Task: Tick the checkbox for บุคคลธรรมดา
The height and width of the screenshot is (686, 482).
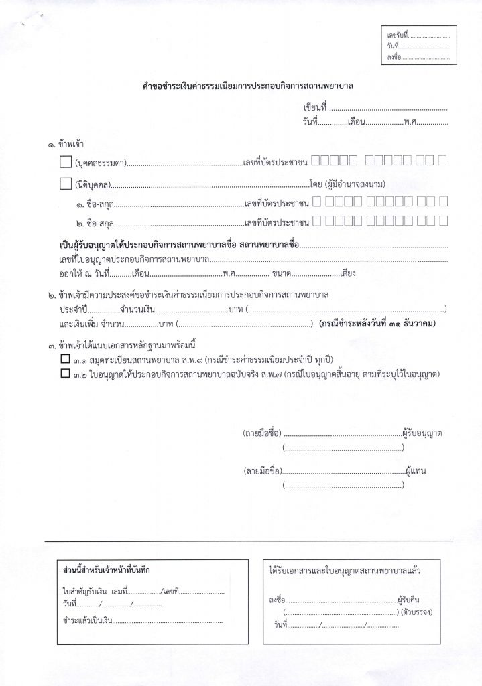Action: pyautogui.click(x=66, y=161)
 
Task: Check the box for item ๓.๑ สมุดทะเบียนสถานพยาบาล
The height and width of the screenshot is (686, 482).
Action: pyautogui.click(x=65, y=360)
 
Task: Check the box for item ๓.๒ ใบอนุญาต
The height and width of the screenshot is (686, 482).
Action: pyautogui.click(x=65, y=374)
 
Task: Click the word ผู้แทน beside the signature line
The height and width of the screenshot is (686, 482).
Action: pyautogui.click(x=416, y=471)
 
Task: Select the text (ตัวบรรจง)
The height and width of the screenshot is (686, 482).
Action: pyautogui.click(x=417, y=612)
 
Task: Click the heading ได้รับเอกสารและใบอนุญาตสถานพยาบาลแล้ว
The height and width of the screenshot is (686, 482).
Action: pyautogui.click(x=345, y=570)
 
